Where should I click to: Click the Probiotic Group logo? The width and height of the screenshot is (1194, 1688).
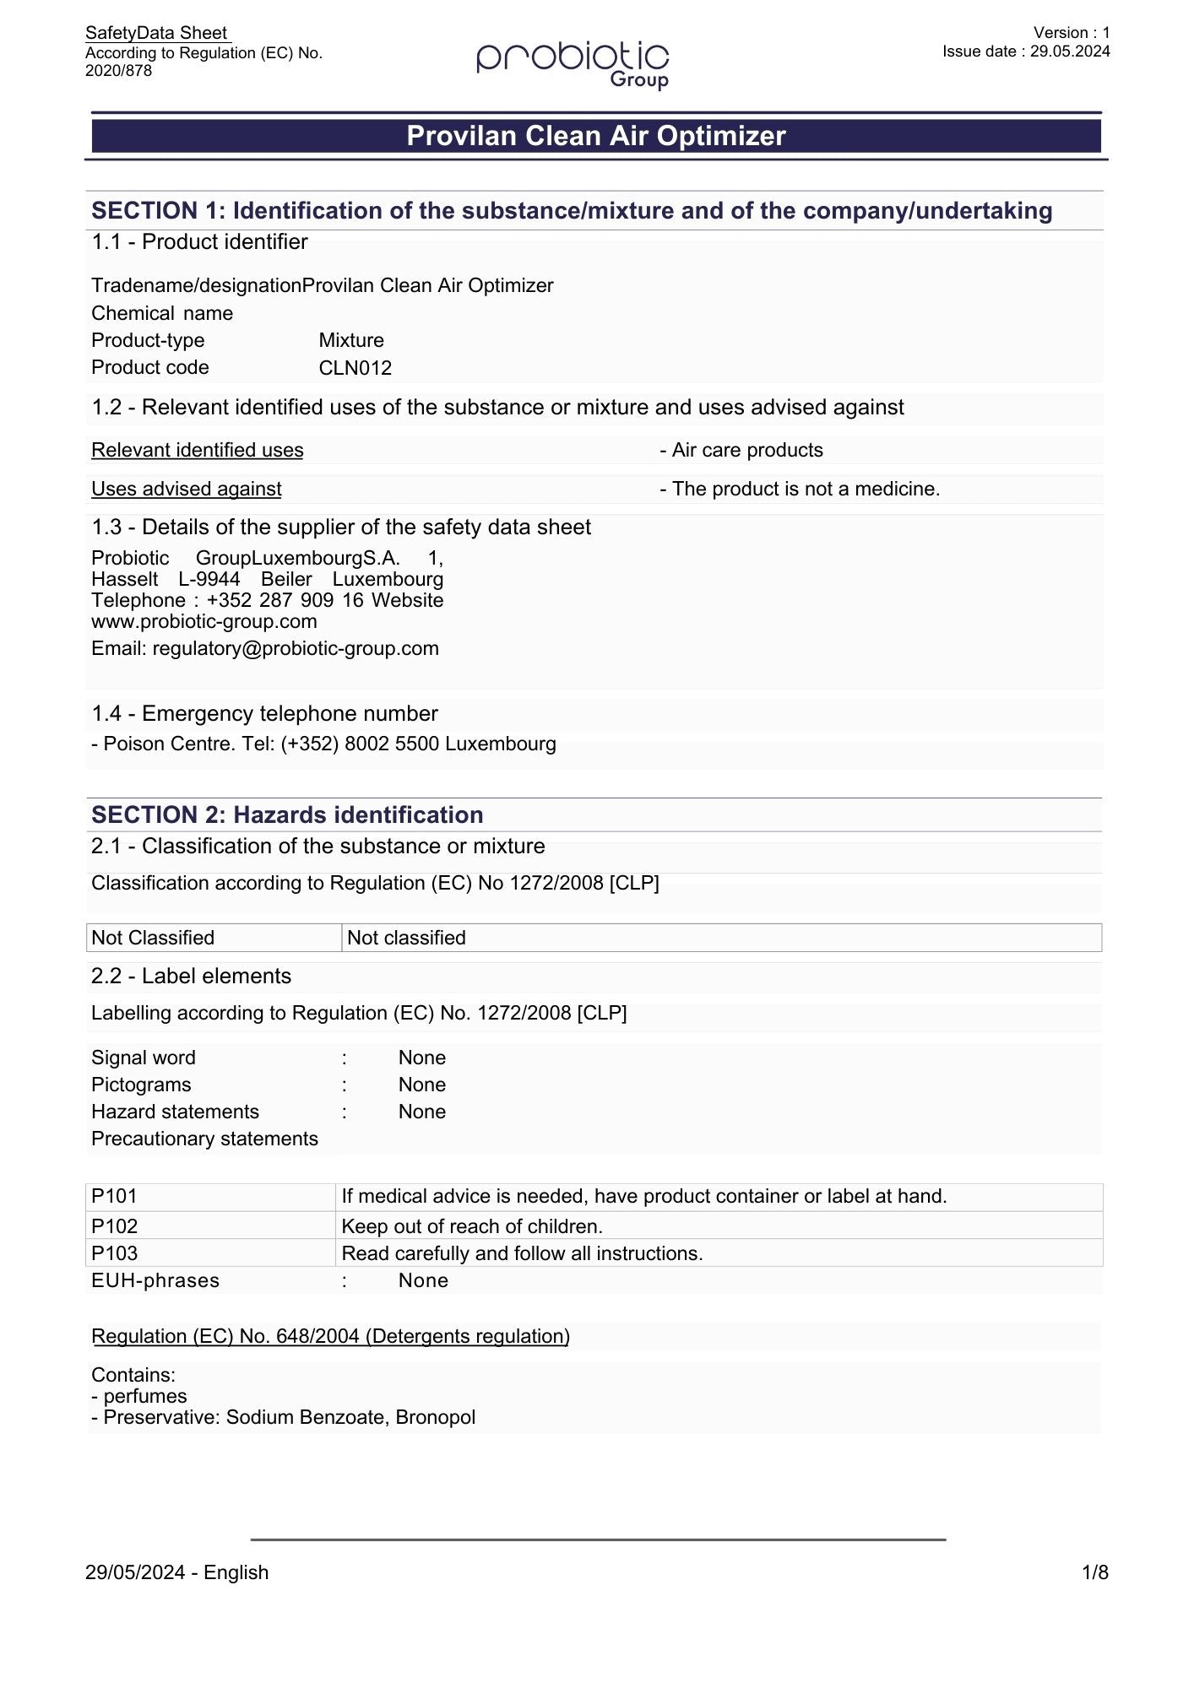(573, 64)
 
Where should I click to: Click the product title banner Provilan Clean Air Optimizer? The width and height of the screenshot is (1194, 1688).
(596, 136)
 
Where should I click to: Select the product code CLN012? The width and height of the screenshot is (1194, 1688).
(355, 368)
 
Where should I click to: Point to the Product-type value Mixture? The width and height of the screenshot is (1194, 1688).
(351, 340)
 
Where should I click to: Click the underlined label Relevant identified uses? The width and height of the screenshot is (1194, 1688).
(197, 450)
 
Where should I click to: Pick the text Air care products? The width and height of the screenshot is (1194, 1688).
(746, 450)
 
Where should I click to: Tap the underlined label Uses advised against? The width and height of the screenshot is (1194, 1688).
(186, 489)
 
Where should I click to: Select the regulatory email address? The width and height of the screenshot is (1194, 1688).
(295, 648)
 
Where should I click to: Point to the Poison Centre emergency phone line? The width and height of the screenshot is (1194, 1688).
(323, 744)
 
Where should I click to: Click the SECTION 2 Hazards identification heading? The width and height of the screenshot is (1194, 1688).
(287, 814)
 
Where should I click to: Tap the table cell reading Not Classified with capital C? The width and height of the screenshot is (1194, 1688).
(153, 938)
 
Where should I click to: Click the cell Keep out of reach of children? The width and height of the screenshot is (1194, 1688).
(471, 1226)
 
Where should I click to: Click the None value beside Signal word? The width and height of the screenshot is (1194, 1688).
(421, 1058)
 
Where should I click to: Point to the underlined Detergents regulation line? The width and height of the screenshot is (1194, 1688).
(330, 1336)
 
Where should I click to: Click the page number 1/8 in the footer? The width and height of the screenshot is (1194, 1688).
(1094, 1572)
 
